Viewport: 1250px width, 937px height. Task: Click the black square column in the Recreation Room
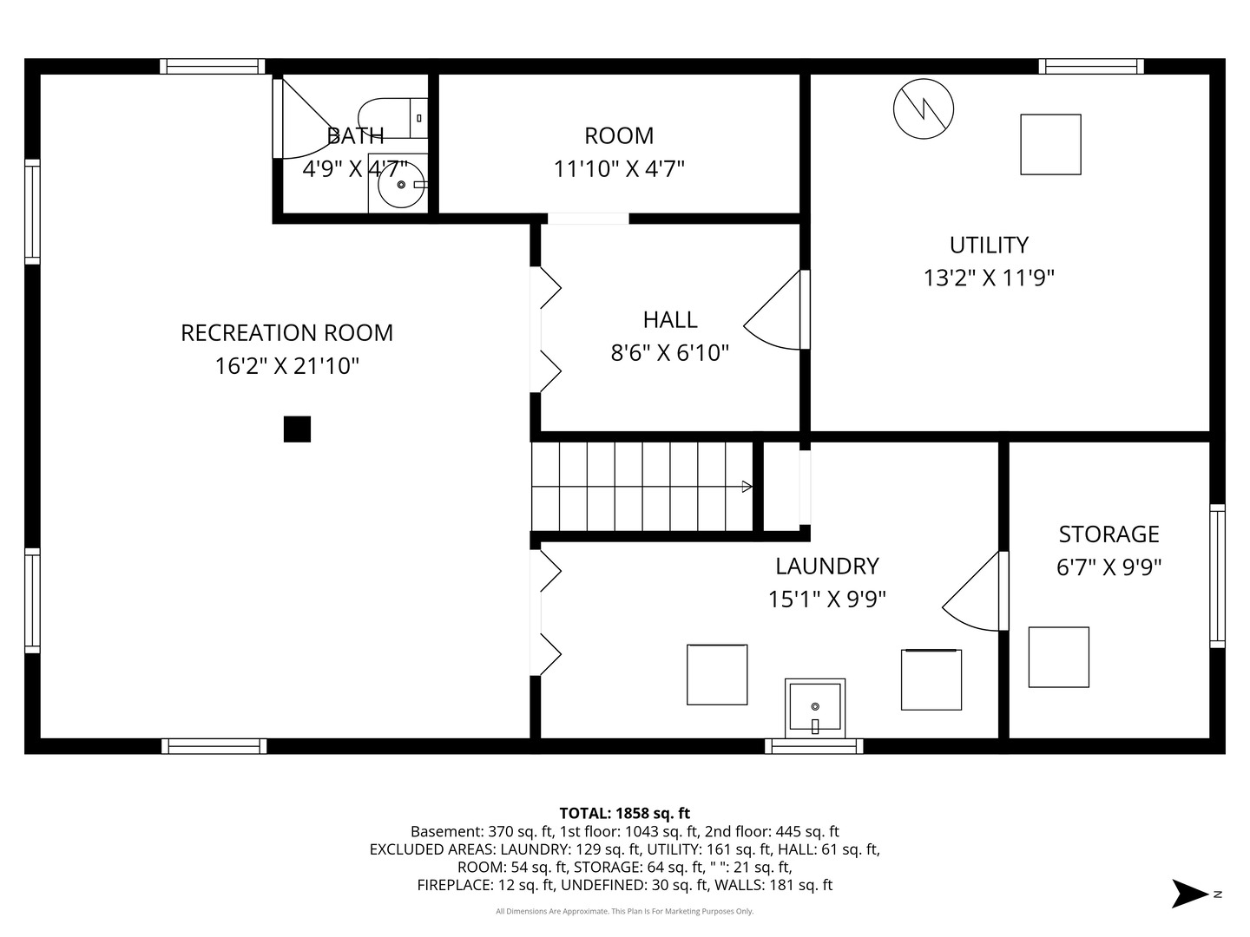point(297,429)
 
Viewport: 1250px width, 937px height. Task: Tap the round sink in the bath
point(401,184)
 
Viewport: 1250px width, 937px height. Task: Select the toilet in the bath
point(393,118)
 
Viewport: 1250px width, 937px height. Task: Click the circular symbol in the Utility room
point(923,108)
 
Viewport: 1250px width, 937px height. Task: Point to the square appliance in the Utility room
point(1050,145)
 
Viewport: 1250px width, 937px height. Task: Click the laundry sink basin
point(815,708)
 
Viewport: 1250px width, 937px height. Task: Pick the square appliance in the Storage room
point(1059,657)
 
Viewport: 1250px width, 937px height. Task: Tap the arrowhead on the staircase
point(747,487)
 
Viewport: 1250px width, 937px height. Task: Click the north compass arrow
point(1189,894)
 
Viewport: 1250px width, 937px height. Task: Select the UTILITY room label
point(989,246)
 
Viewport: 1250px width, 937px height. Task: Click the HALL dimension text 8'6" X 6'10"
point(669,353)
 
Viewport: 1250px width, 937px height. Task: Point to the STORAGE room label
point(1109,534)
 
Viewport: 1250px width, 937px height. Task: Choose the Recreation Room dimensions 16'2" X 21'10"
point(287,366)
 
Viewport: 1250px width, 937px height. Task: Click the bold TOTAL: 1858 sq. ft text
point(625,813)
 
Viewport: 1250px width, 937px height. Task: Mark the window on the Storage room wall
point(1217,576)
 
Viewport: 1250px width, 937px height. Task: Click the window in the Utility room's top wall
point(1091,67)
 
